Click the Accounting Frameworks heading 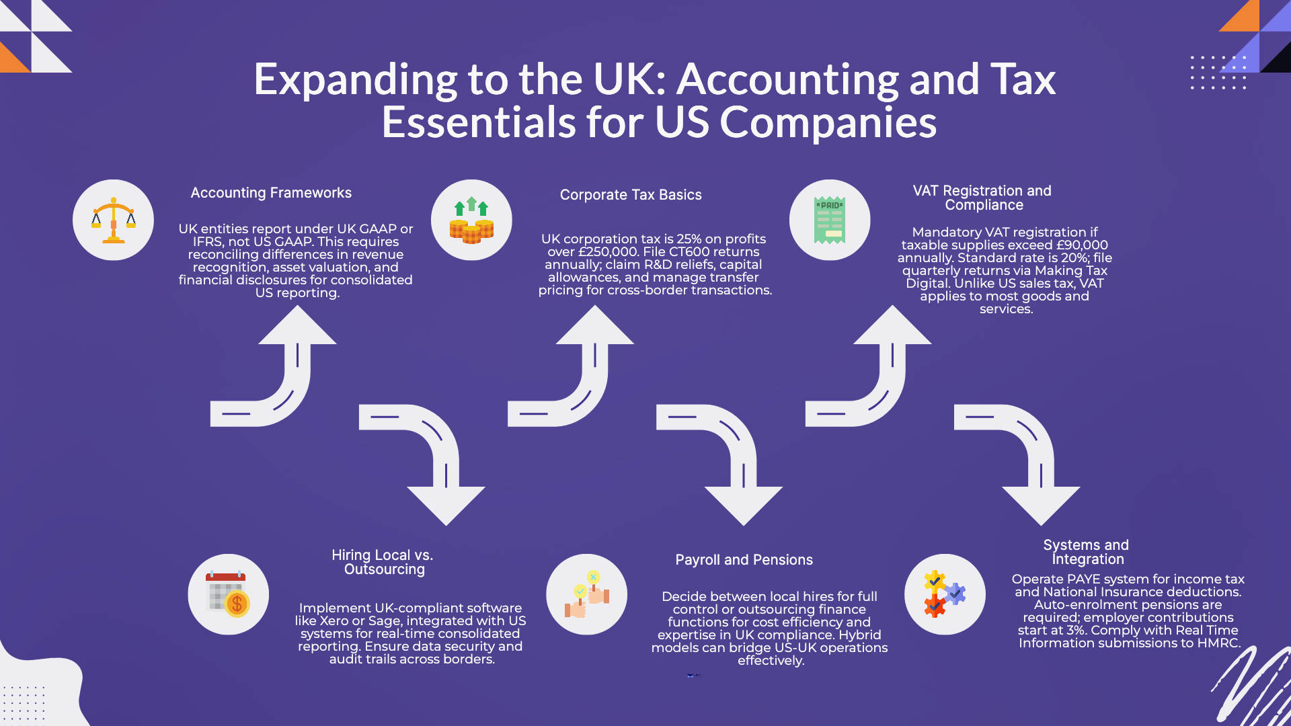271,193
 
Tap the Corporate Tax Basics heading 631,195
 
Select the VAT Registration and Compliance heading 982,198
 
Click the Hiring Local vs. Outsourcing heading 383,562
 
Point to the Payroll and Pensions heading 744,560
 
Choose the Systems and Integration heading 1086,552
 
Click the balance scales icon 113,220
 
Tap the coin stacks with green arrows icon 471,220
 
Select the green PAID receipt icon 830,220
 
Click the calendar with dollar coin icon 228,594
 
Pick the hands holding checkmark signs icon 586,594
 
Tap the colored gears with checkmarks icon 945,594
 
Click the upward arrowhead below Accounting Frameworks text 297,327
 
